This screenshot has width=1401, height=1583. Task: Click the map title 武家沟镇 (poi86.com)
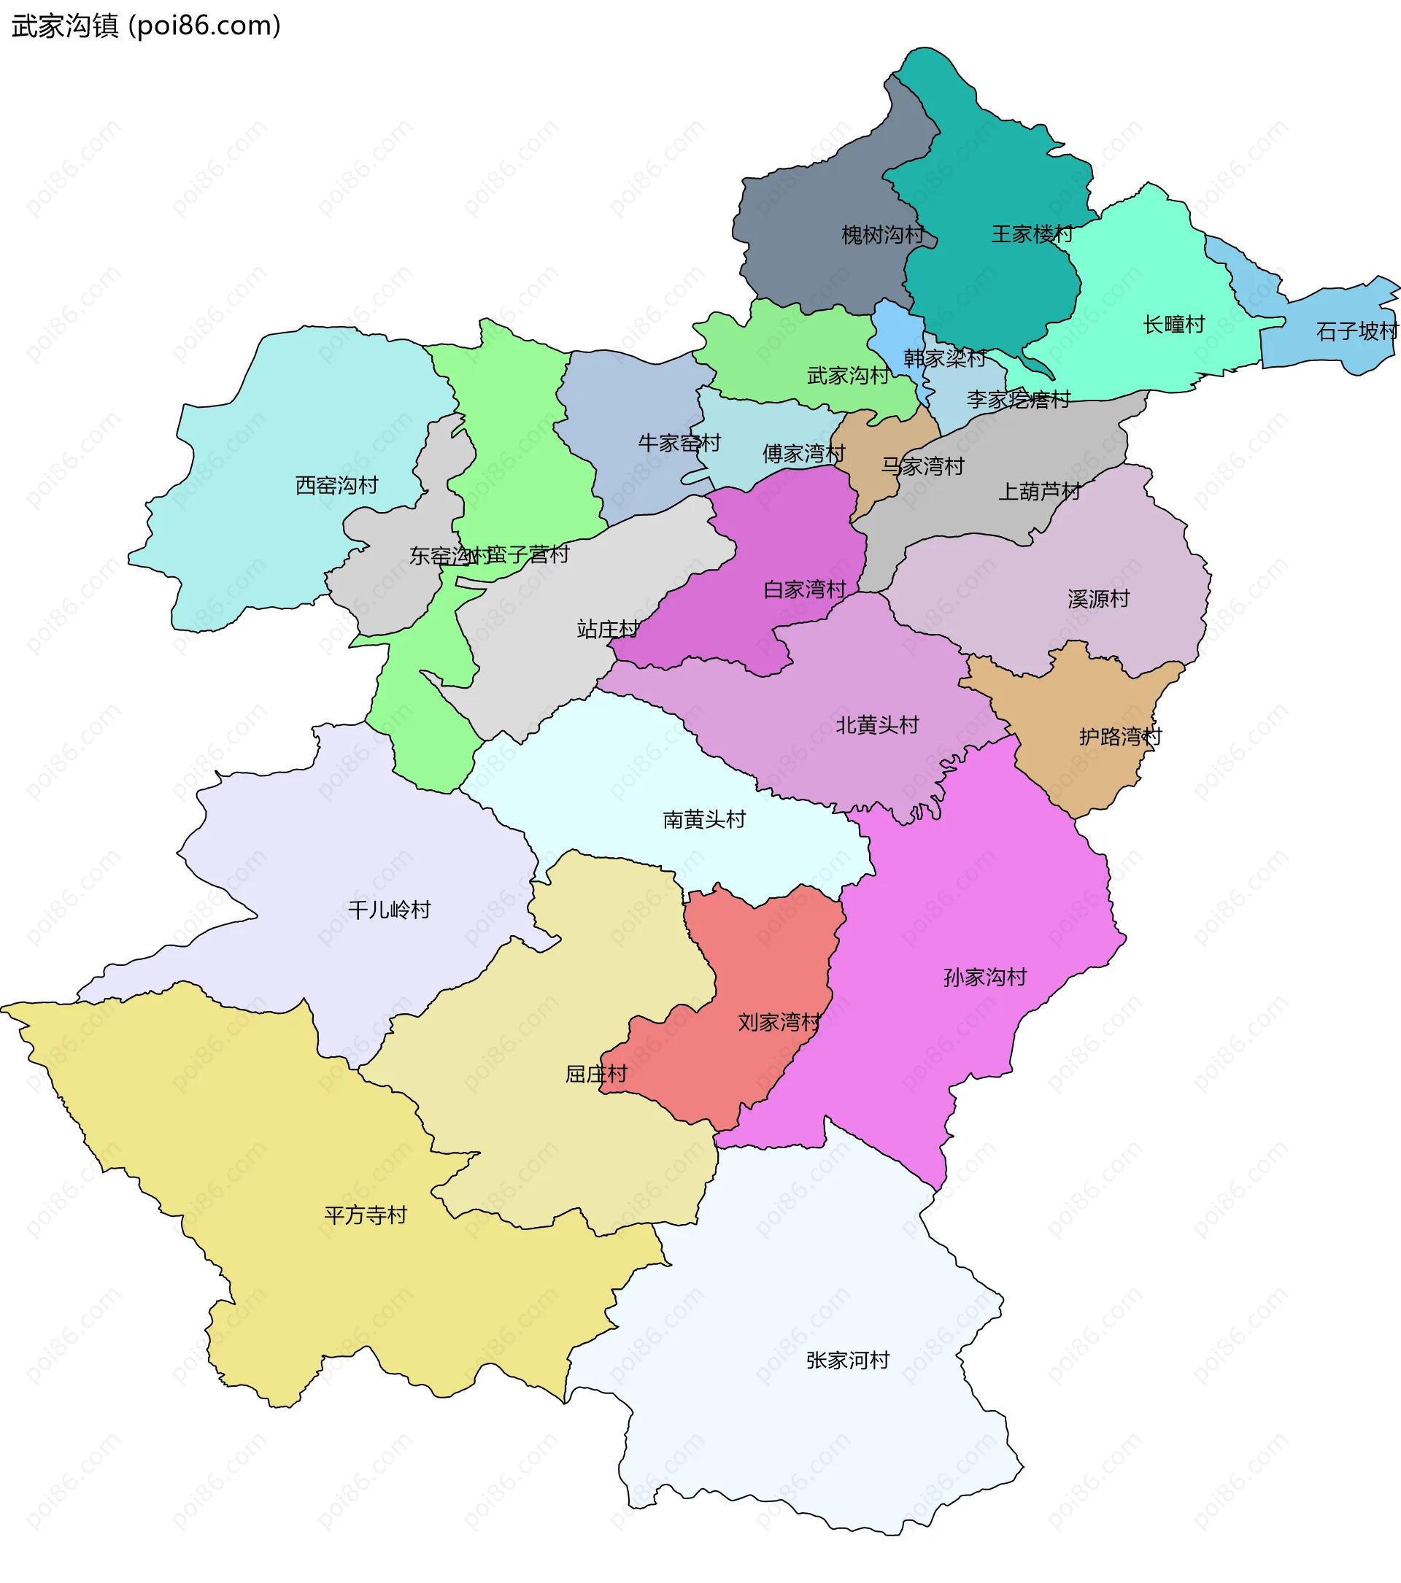pos(146,26)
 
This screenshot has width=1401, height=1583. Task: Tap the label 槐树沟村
pos(882,235)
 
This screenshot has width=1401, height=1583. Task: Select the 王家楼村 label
pos(1032,234)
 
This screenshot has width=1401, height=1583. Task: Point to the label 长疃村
pos(1173,325)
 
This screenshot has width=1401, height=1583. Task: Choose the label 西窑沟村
pos(336,486)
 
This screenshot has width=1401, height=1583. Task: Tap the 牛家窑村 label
pos(679,443)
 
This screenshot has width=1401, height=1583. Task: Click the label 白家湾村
pos(804,589)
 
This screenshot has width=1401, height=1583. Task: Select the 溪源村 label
pos(1097,599)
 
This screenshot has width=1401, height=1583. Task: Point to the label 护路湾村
pos(1120,737)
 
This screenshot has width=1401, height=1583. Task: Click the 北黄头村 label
pos(876,725)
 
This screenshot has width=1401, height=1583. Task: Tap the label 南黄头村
pos(703,819)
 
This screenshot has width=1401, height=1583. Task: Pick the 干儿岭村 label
pos(389,910)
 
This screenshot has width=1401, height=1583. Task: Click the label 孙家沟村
pos(984,978)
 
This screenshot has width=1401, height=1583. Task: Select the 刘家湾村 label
pos(779,1022)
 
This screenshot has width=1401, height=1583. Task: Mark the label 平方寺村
pos(365,1215)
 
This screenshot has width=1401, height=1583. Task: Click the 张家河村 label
pos(847,1360)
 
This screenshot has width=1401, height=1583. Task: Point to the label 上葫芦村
pos(1038,491)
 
